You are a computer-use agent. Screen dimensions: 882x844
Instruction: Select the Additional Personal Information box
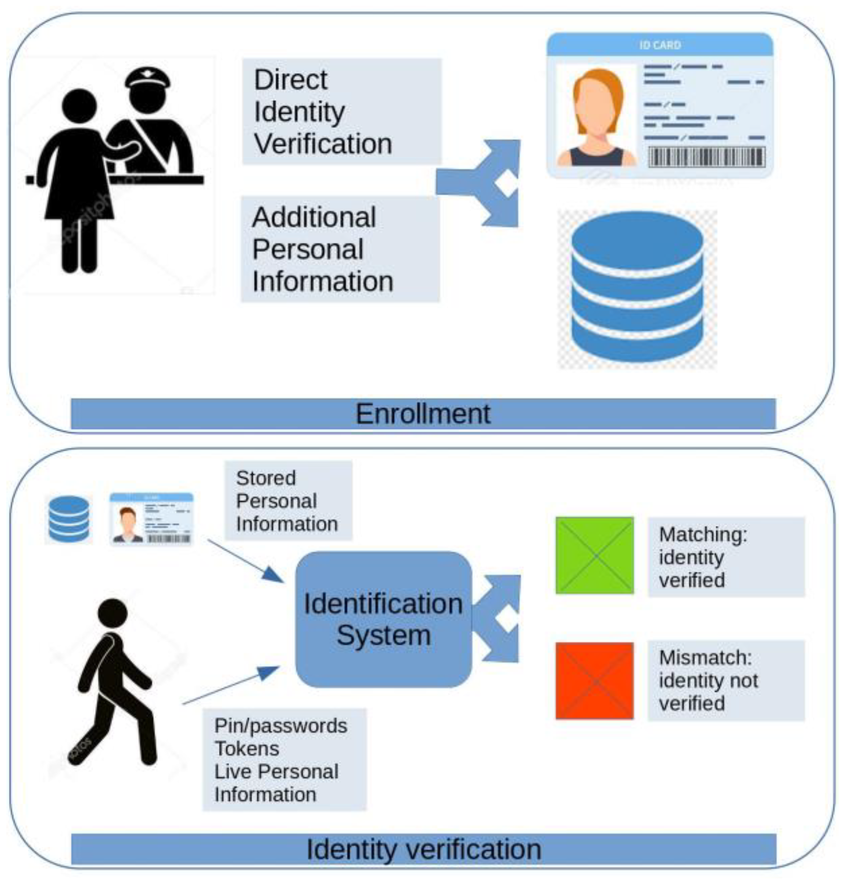(x=340, y=249)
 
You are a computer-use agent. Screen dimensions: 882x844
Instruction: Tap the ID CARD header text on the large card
(x=660, y=45)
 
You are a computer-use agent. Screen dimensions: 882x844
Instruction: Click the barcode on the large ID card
(x=706, y=157)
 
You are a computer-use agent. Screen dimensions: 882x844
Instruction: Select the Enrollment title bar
(x=423, y=414)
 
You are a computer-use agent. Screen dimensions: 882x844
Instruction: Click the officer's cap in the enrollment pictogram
(x=147, y=79)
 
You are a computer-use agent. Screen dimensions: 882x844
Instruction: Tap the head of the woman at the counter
(x=79, y=106)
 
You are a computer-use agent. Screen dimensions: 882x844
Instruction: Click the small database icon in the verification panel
(x=68, y=519)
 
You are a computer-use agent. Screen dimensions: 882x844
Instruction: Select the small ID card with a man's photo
(x=151, y=519)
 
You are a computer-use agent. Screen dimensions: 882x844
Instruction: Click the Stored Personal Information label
(x=288, y=500)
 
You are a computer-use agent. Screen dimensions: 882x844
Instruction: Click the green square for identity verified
(x=594, y=555)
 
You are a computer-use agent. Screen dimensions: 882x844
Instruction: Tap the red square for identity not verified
(x=594, y=681)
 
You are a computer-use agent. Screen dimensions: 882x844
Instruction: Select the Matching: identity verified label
(x=725, y=557)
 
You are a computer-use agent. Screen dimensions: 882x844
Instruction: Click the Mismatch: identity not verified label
(x=725, y=681)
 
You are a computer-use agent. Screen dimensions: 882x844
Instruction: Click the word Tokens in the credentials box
(x=247, y=749)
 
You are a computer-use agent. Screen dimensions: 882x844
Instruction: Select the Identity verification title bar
(x=423, y=849)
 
